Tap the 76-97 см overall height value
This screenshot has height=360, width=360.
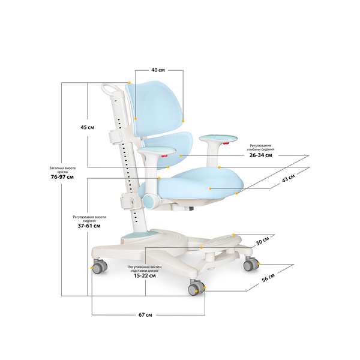pos(62,178)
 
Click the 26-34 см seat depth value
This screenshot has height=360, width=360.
pos(260,155)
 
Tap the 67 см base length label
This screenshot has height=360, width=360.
pos(145,314)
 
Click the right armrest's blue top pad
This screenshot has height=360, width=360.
pos(210,138)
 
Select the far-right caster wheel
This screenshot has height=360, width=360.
pos(248,264)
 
